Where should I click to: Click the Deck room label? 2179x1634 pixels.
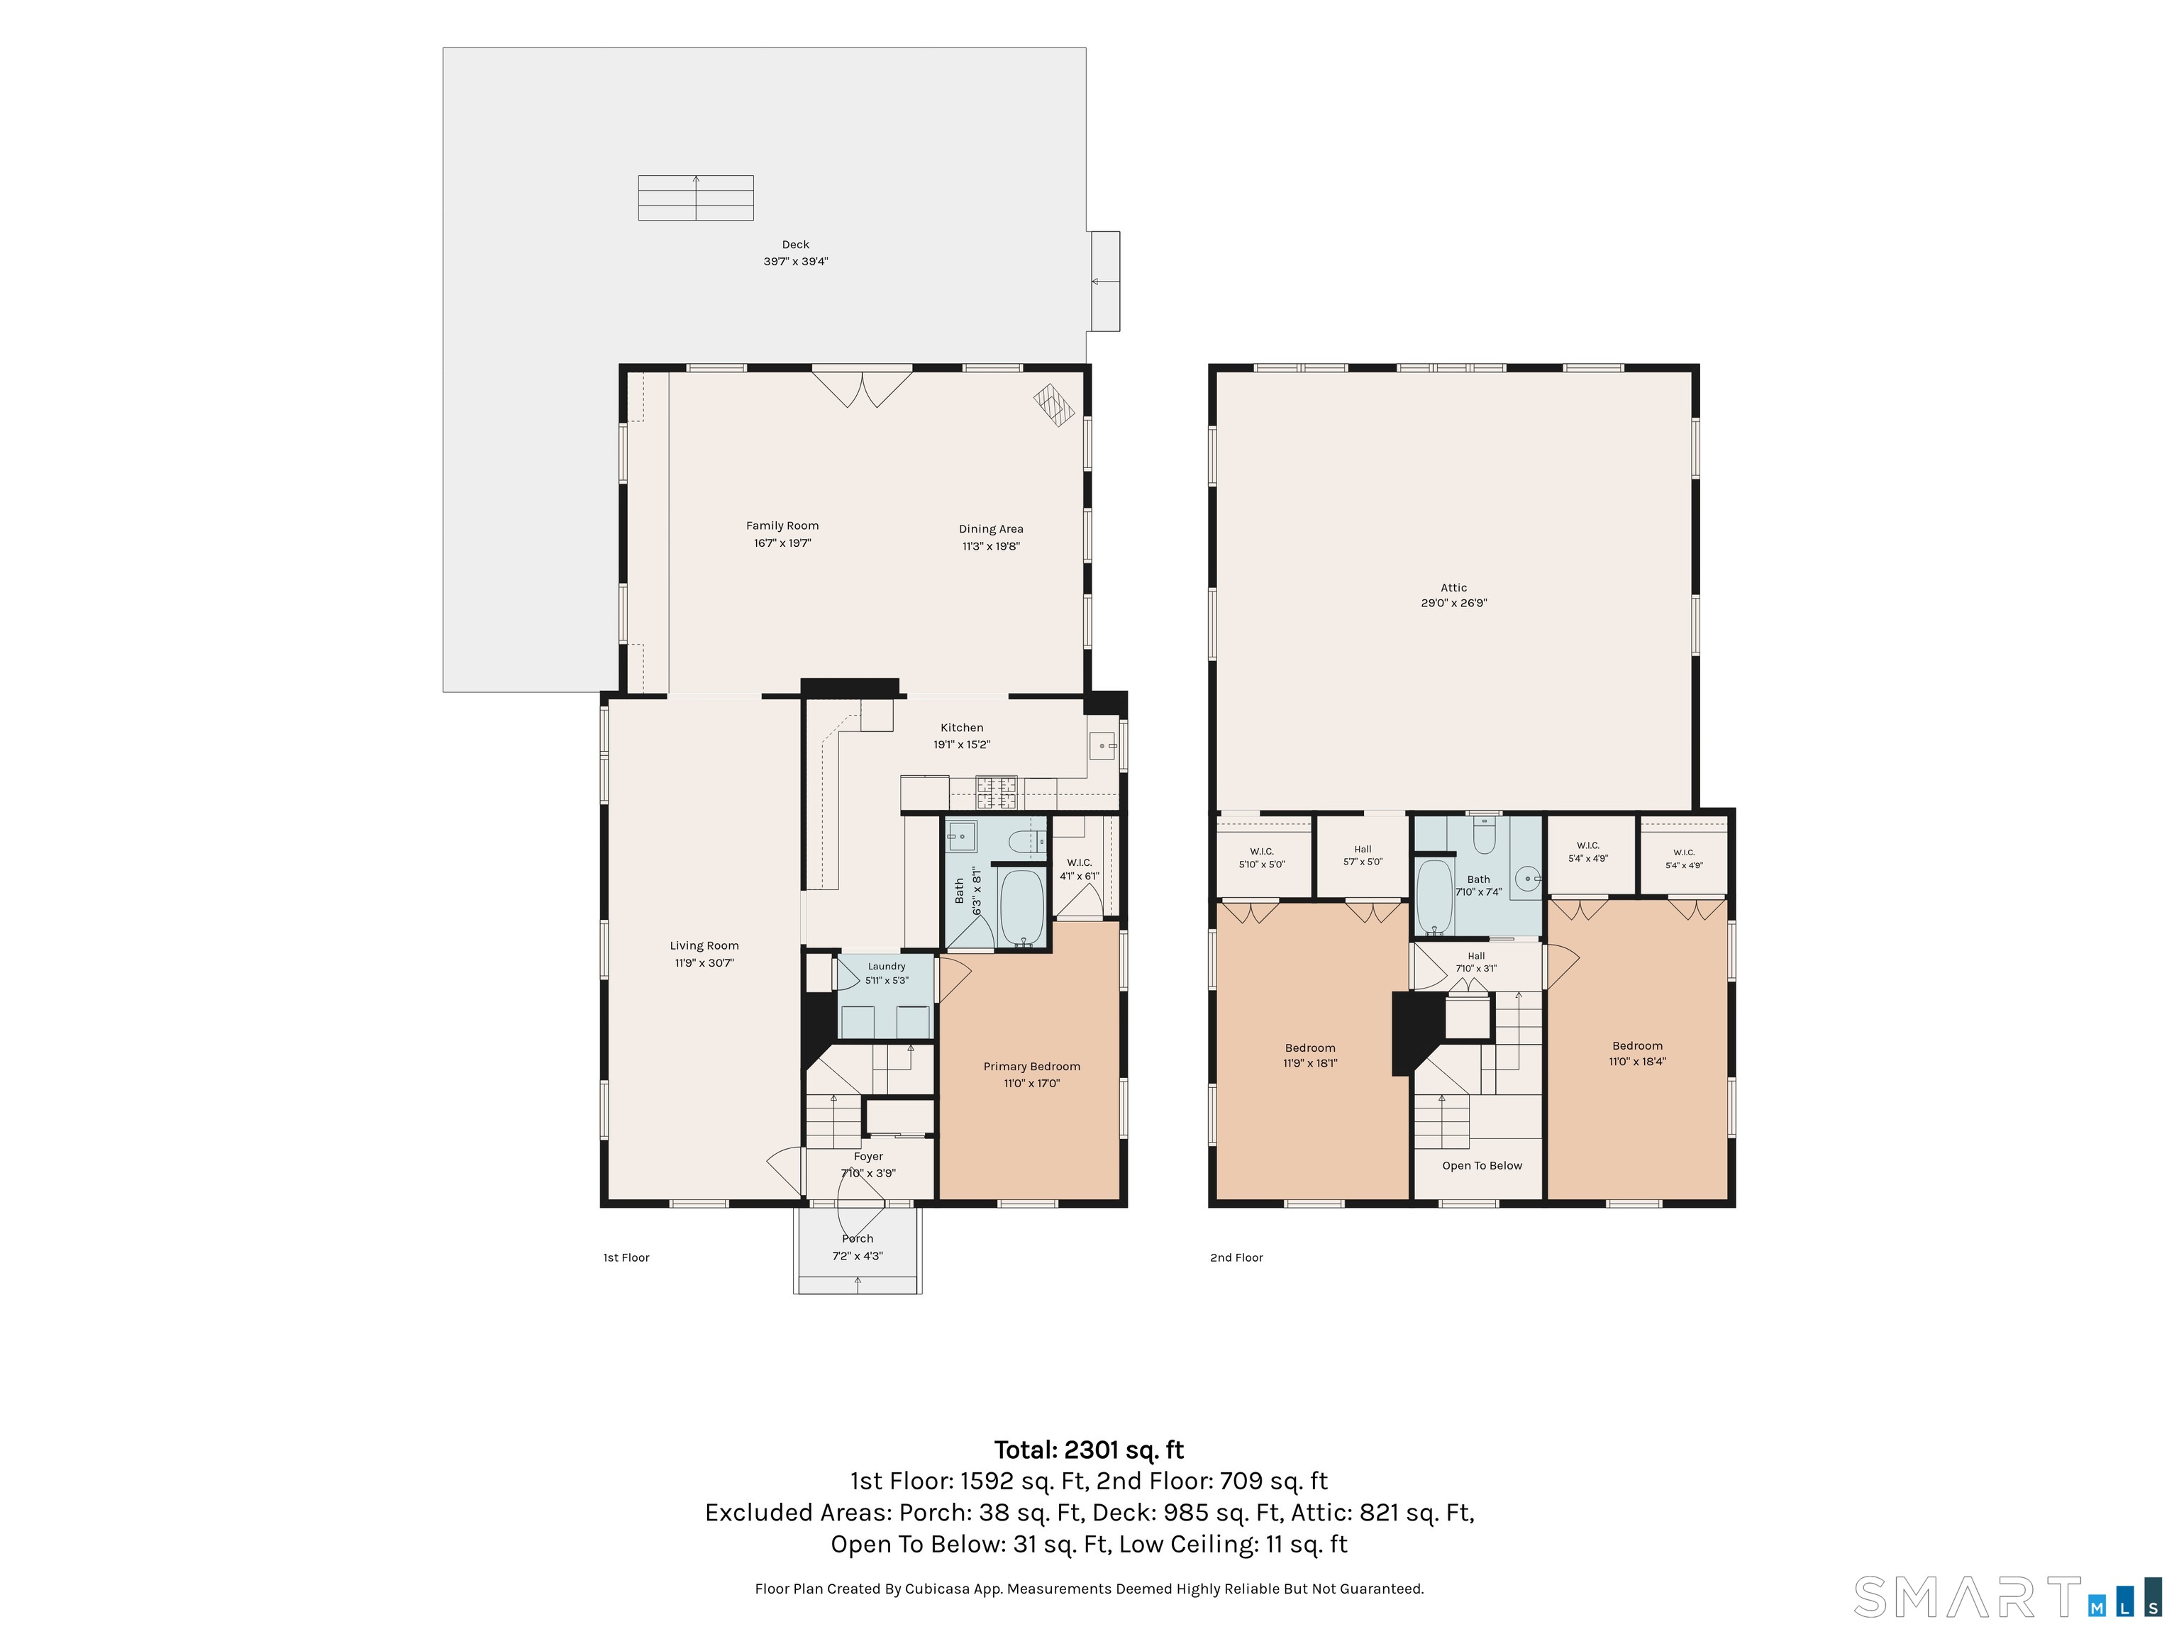click(796, 244)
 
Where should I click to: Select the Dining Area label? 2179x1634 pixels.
click(991, 529)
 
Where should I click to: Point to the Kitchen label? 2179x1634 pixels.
click(961, 728)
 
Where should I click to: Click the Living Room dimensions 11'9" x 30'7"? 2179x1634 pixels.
click(704, 963)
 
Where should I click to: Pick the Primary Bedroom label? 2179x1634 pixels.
click(1031, 1067)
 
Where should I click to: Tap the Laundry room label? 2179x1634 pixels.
click(887, 966)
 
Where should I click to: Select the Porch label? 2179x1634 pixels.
click(857, 1239)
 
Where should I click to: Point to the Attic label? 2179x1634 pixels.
click(1454, 588)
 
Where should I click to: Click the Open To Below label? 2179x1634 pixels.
click(1482, 1166)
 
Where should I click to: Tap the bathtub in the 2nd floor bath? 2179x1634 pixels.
click(1434, 897)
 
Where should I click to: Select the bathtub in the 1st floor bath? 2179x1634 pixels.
click(1021, 907)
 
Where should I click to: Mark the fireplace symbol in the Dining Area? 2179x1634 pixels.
click(1053, 404)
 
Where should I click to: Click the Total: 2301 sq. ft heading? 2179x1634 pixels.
click(1089, 1450)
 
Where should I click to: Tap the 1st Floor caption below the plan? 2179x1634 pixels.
click(626, 1257)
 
